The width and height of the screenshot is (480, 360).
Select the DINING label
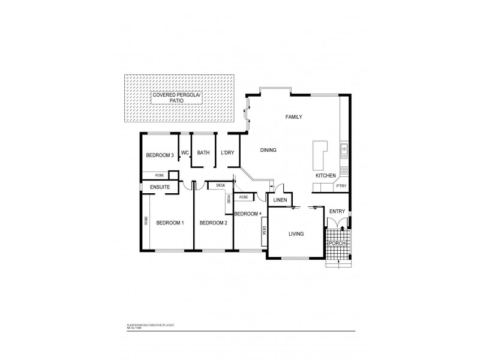268,150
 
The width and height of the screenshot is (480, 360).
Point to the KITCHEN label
326,175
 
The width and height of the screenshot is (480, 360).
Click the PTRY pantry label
341,187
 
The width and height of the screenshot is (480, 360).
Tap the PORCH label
338,242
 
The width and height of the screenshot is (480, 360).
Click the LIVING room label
296,234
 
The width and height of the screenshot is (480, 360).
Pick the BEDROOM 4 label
248,214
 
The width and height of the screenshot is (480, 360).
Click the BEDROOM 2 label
213,223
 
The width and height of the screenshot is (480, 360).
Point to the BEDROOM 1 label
170,223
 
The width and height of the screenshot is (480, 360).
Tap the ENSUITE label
160,188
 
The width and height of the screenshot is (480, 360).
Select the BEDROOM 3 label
160,155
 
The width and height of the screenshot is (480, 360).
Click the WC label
185,152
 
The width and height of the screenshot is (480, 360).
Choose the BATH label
203,152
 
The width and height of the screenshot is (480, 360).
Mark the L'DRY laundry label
227,152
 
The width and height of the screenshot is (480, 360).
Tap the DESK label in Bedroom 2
220,186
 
